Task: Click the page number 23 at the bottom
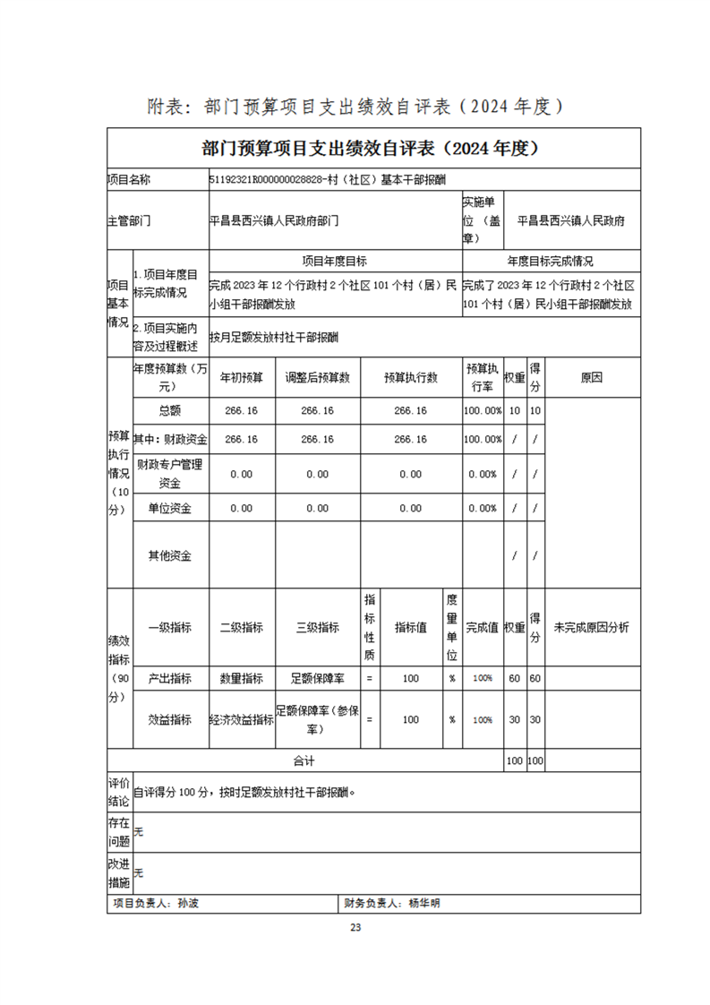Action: point(355,927)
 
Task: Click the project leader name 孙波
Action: point(188,904)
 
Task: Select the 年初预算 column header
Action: point(241,378)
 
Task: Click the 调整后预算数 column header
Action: point(317,378)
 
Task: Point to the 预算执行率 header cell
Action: point(482,378)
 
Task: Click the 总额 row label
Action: point(170,410)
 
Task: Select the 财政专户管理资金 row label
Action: point(170,474)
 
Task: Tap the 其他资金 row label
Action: point(170,555)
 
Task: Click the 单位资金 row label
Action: point(170,508)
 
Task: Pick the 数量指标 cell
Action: point(241,678)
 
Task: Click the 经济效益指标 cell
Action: point(241,719)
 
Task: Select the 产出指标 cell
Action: point(170,678)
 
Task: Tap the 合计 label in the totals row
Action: point(304,761)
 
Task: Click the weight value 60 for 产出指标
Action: point(514,678)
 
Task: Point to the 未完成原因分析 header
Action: point(591,627)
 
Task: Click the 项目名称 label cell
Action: point(129,179)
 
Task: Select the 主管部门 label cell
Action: point(129,219)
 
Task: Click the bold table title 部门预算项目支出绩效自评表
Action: point(373,147)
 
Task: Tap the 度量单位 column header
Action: point(452,627)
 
